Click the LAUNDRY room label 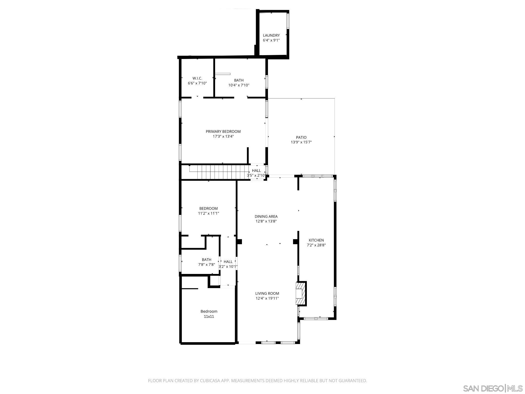(x=271, y=35)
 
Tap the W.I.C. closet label (x=197, y=78)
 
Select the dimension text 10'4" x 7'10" (x=239, y=85)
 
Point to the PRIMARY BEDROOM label (x=223, y=132)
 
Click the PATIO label (x=301, y=137)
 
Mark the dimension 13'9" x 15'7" (x=301, y=142)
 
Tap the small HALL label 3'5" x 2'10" (x=256, y=171)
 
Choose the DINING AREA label (x=266, y=216)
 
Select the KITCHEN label (x=316, y=240)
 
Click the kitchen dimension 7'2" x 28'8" (x=316, y=245)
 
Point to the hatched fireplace (x=301, y=293)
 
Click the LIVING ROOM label (x=267, y=293)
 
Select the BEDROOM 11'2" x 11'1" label (x=208, y=209)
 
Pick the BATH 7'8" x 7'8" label (x=206, y=260)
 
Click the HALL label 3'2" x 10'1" (x=228, y=262)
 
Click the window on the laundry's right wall (x=288, y=21)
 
